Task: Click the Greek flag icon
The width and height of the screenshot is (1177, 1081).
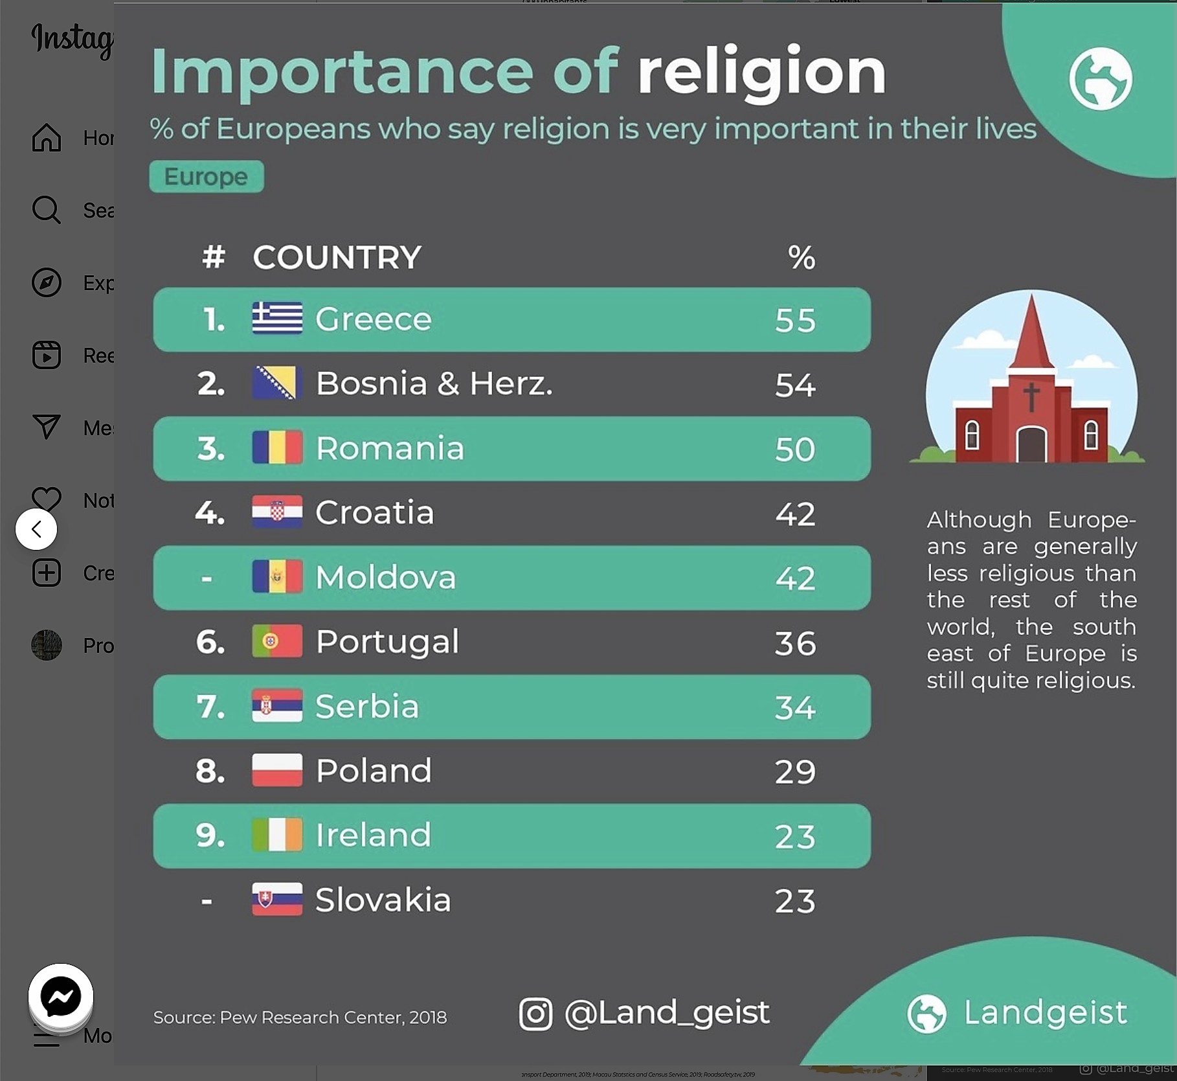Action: (277, 318)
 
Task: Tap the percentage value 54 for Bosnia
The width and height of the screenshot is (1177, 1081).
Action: (795, 385)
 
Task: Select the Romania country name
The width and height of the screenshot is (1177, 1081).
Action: (390, 448)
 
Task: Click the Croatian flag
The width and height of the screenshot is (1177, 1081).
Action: (277, 512)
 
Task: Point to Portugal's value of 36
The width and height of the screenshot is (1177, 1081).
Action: (795, 643)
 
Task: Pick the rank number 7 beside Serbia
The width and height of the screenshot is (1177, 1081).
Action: (210, 707)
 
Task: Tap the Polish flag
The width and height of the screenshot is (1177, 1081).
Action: (277, 770)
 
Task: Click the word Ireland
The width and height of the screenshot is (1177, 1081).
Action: (373, 835)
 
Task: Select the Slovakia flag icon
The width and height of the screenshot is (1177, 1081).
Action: (277, 899)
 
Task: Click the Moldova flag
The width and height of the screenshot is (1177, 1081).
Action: (277, 576)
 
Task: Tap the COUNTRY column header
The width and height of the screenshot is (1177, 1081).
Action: (337, 257)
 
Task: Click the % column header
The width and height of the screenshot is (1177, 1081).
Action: (801, 257)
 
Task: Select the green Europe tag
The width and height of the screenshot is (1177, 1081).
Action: (207, 176)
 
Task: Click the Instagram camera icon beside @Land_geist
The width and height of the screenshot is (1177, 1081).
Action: (535, 1014)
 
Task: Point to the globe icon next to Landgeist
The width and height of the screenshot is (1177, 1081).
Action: (926, 1014)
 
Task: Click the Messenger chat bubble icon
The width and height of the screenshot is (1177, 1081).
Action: (61, 996)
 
